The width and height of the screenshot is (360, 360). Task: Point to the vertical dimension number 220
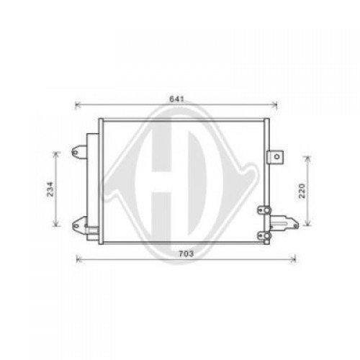[302, 190]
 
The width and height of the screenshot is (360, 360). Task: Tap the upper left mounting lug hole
[75, 152]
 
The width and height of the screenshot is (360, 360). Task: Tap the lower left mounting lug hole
[75, 226]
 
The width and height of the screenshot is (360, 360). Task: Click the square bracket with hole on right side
[274, 157]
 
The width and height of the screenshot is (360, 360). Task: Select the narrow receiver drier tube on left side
[90, 184]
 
